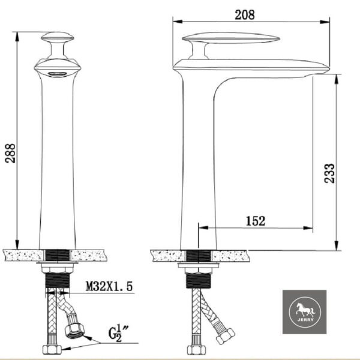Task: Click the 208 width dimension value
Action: (252, 13)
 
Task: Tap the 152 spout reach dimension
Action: (254, 221)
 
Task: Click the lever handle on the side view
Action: (231, 39)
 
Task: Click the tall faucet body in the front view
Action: (57, 162)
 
